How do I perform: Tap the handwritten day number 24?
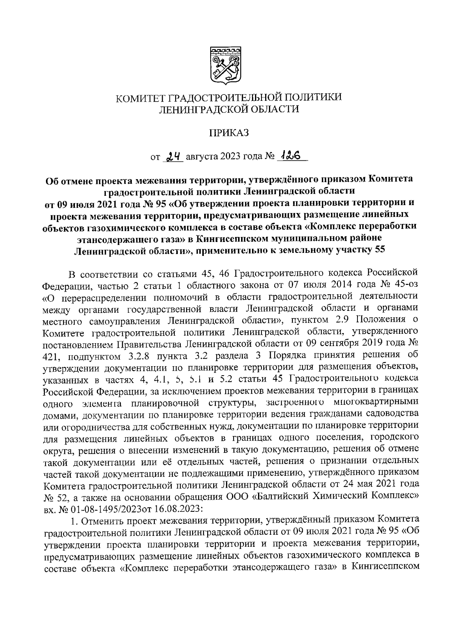coord(173,155)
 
